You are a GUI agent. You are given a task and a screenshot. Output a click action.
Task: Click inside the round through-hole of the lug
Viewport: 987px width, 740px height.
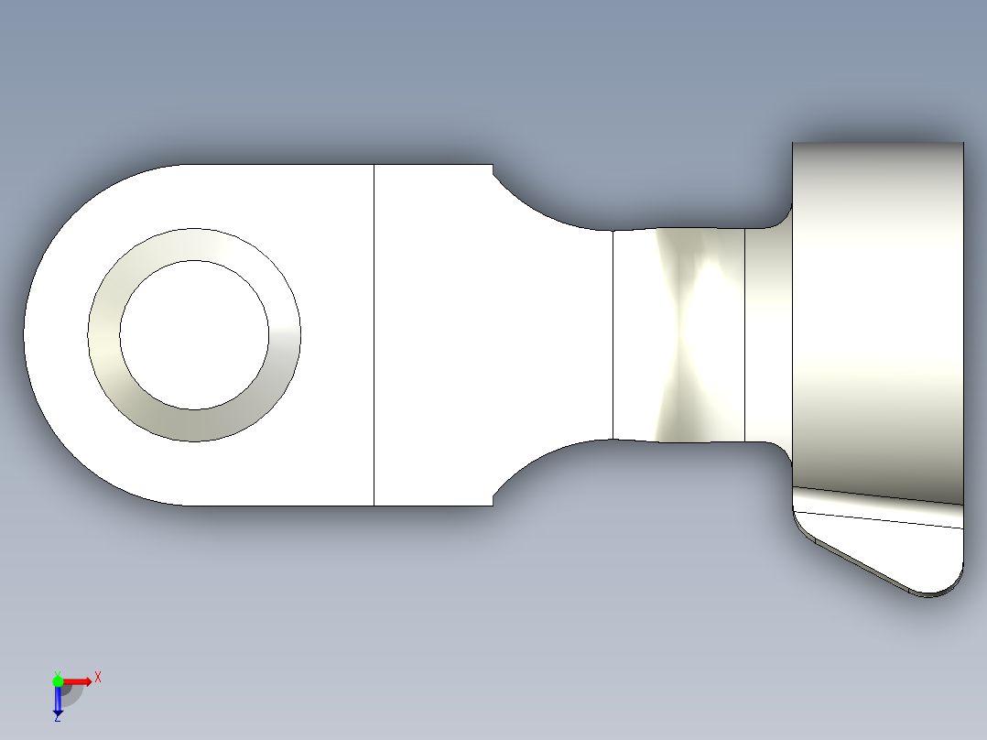pos(193,334)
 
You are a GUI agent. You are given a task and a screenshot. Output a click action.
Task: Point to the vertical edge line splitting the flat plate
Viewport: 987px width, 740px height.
pos(374,334)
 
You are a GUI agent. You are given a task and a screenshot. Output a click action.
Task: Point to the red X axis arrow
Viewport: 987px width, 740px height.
pos(79,680)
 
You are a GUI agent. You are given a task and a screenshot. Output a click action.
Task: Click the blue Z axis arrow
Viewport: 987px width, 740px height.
pos(58,702)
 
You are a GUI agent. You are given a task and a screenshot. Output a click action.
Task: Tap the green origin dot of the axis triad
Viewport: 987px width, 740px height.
pos(58,680)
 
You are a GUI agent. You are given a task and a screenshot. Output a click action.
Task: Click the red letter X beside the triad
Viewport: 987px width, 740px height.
pos(98,677)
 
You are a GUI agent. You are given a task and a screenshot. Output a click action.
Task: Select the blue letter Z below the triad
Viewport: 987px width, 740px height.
pos(57,718)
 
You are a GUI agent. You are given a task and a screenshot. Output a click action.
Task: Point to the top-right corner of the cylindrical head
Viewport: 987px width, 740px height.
pos(961,145)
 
